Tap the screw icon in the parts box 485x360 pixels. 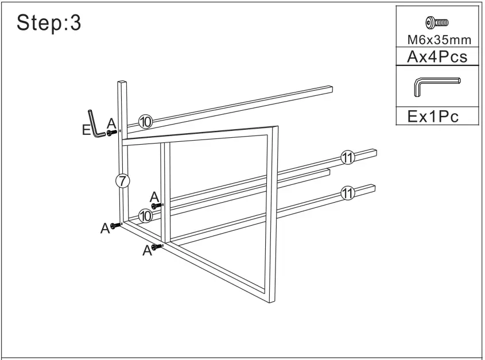click(437, 23)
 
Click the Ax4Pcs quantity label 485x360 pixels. click(437, 56)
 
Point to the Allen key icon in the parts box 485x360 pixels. click(436, 86)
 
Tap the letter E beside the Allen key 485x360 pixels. click(86, 130)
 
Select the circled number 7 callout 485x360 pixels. click(122, 180)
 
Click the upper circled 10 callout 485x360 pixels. click(145, 122)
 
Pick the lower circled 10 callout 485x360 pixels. click(145, 215)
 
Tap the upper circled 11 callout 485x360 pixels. click(347, 158)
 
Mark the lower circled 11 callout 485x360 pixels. click(347, 193)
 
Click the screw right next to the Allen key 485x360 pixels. click(112, 132)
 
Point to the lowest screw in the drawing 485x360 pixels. click(157, 246)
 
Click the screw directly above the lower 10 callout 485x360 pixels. click(157, 204)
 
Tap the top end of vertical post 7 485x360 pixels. click(123, 84)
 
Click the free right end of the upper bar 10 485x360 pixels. click(331, 89)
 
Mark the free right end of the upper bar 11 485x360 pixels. click(374, 152)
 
